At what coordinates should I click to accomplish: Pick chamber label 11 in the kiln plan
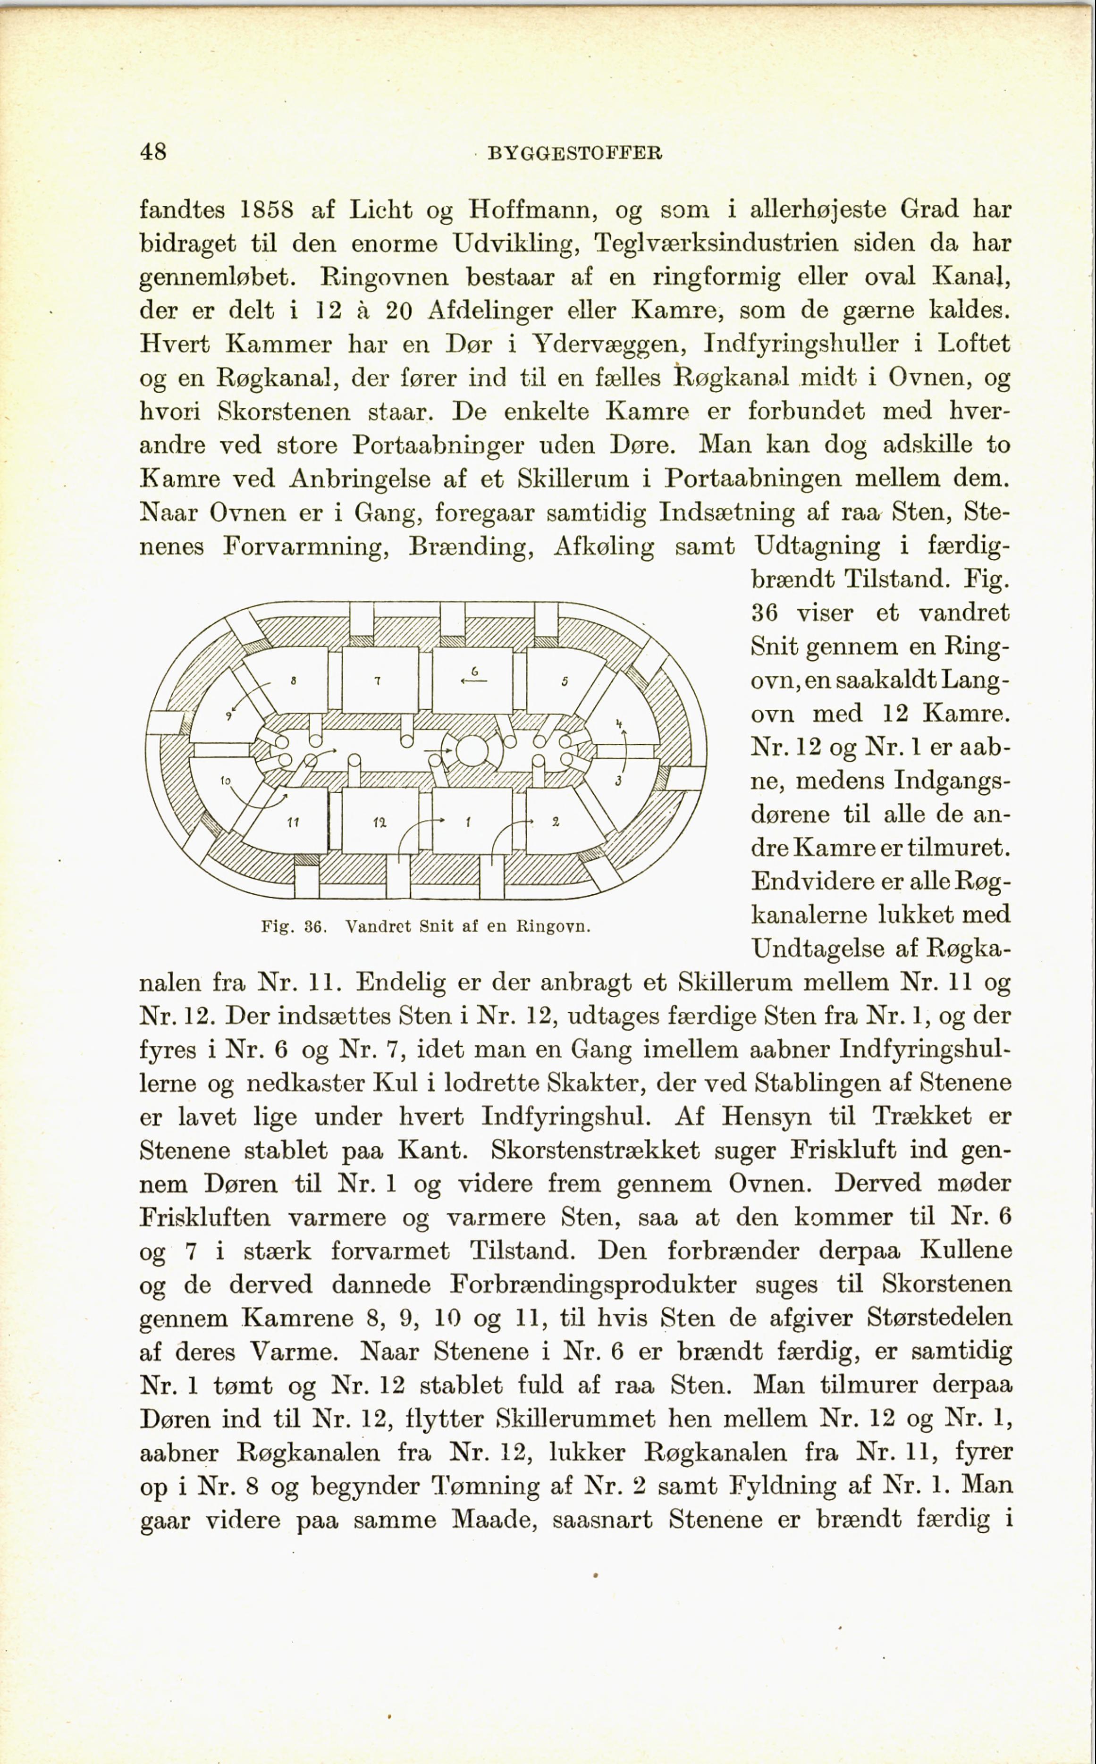293,823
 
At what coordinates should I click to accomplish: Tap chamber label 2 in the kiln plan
555,822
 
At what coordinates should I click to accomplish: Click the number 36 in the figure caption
312,927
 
